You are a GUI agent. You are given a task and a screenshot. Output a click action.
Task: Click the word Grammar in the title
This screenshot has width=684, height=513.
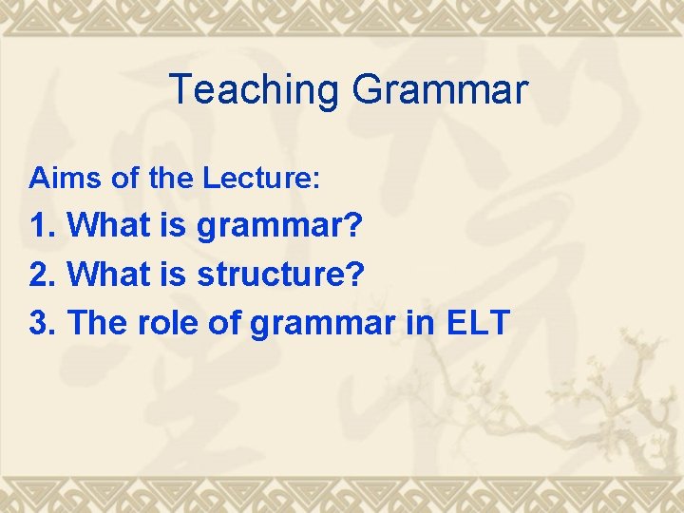pyautogui.click(x=439, y=91)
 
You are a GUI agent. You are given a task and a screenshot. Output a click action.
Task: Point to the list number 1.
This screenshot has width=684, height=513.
pyautogui.click(x=44, y=226)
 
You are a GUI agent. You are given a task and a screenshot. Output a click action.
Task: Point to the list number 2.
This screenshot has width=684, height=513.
pyautogui.click(x=44, y=275)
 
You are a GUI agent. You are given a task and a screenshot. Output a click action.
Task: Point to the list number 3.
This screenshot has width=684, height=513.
pyautogui.click(x=44, y=324)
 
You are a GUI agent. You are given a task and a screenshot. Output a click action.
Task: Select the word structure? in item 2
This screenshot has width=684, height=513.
pyautogui.click(x=281, y=275)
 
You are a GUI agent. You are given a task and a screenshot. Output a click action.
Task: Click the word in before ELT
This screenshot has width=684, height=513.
pyautogui.click(x=427, y=324)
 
